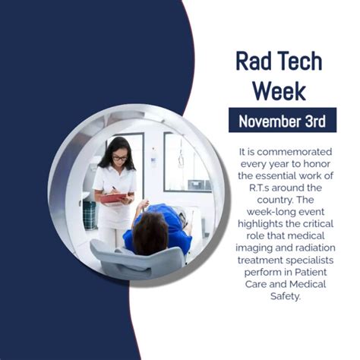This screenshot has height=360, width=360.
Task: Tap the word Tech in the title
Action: [302, 62]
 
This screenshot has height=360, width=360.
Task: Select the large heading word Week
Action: [279, 91]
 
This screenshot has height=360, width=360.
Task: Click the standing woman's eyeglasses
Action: [119, 158]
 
